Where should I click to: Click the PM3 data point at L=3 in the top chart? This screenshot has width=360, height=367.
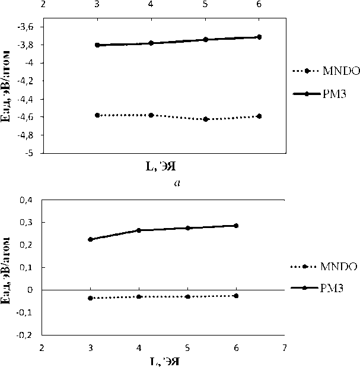click(x=97, y=45)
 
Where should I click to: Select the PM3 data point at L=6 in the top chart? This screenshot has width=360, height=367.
click(x=259, y=37)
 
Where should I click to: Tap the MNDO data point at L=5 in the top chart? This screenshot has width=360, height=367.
click(x=205, y=119)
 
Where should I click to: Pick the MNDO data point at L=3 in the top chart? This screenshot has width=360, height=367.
click(x=97, y=115)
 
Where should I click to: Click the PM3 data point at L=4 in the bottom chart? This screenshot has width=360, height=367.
click(x=139, y=230)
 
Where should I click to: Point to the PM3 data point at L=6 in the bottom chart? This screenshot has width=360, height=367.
click(x=236, y=226)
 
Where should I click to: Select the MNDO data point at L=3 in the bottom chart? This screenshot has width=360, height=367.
click(x=90, y=298)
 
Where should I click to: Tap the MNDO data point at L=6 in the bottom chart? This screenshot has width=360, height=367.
click(x=236, y=295)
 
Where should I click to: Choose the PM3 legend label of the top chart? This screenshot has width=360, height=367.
click(x=334, y=93)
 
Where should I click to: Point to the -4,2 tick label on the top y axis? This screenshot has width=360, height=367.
click(x=30, y=81)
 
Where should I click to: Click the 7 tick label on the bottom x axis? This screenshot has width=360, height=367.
click(x=285, y=347)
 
